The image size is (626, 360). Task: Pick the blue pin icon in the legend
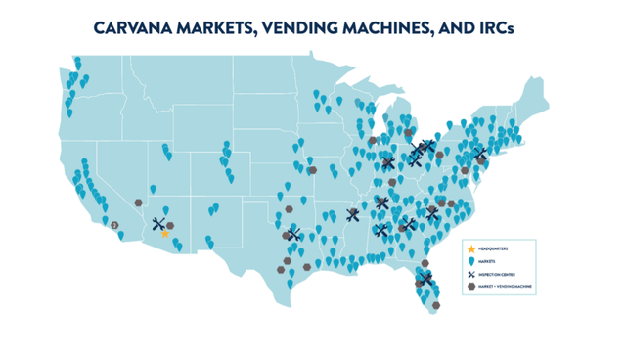click(471, 262)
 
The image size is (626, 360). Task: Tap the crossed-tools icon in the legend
click(471, 275)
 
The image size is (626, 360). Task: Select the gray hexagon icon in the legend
click(471, 287)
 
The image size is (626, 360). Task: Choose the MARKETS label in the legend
click(488, 262)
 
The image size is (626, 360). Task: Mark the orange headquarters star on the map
click(165, 234)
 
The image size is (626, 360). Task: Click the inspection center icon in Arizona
click(159, 224)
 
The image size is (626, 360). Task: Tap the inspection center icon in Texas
click(293, 235)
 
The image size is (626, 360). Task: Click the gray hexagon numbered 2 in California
click(115, 225)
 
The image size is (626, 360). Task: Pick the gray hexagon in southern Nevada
click(139, 202)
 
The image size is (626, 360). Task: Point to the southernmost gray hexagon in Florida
click(435, 305)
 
